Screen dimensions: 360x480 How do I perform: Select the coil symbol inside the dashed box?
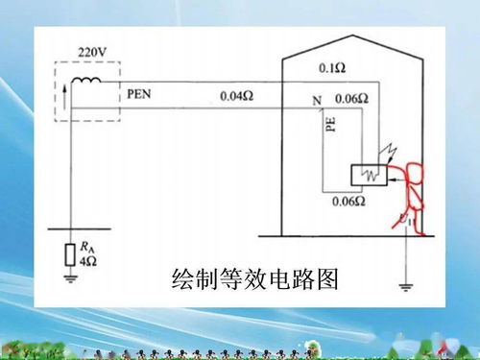(89, 81)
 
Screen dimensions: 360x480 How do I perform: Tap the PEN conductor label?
(140, 96)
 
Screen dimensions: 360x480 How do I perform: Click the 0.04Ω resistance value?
(236, 96)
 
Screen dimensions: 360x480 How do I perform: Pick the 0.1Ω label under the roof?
(331, 69)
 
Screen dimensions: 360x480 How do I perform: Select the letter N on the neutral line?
(316, 100)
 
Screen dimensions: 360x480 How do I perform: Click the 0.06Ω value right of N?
(351, 99)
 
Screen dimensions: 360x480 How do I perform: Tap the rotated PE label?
(329, 125)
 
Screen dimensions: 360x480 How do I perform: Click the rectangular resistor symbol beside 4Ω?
(68, 254)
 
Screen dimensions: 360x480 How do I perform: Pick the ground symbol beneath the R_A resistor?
(68, 278)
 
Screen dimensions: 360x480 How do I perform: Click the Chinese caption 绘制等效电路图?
(254, 281)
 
